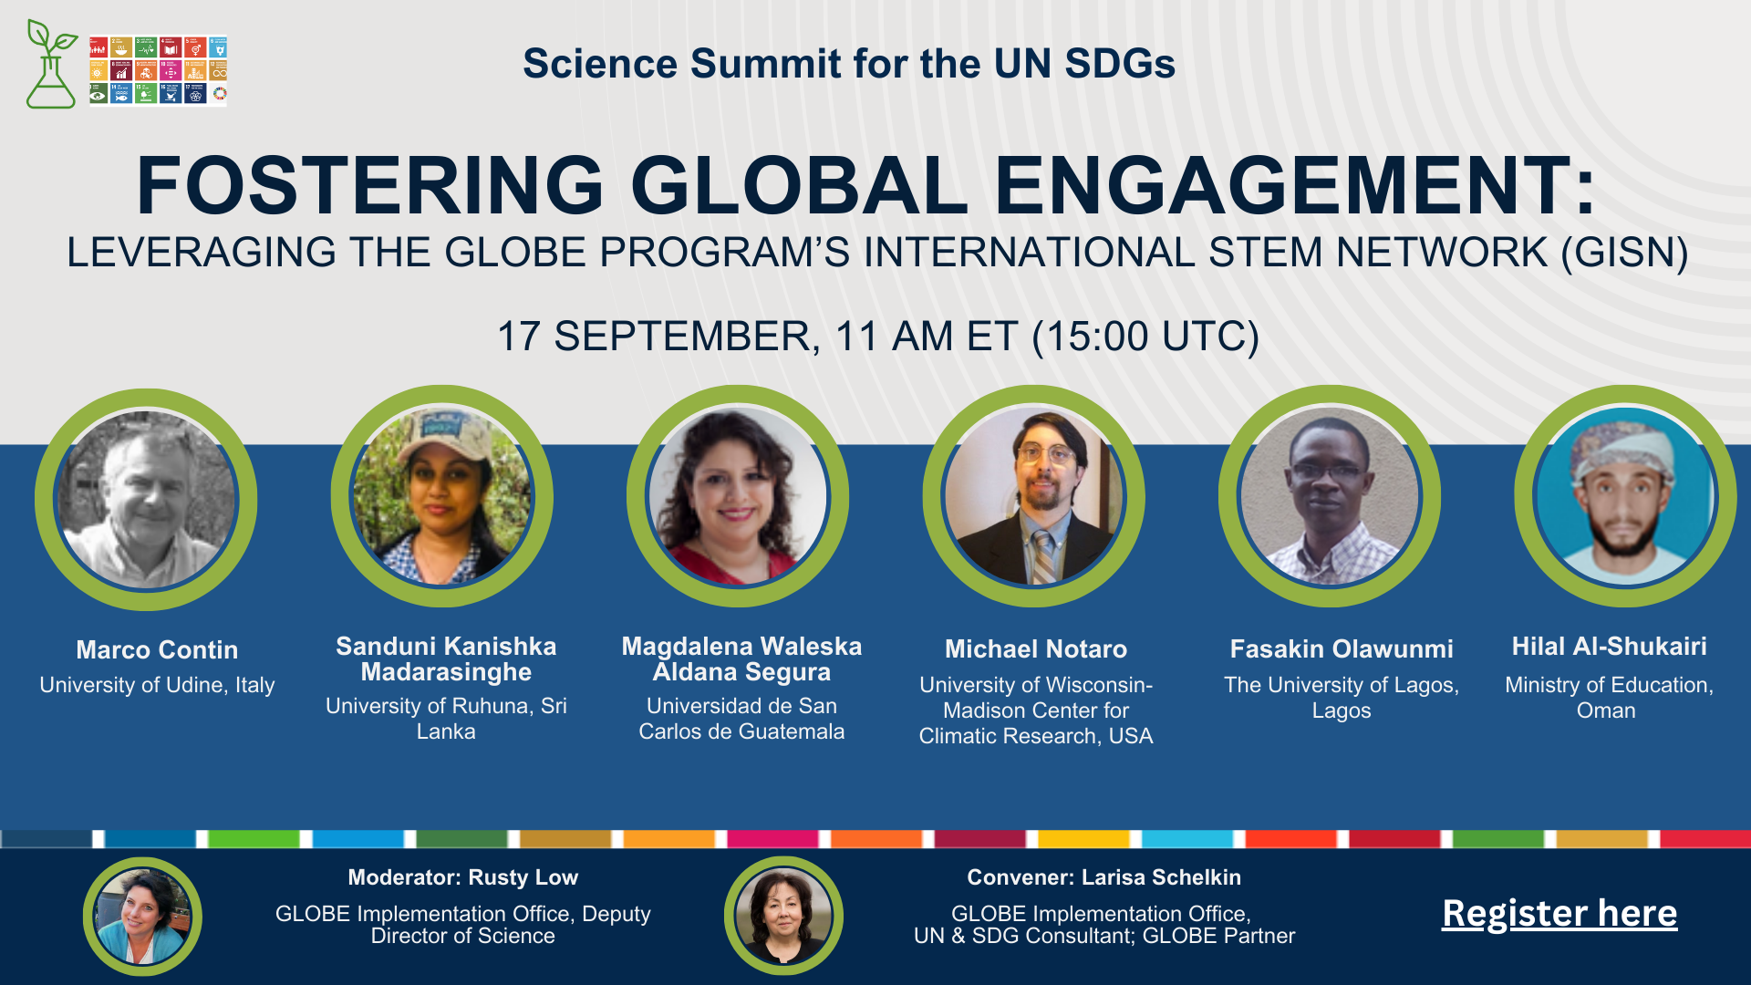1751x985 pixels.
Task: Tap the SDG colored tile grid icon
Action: (158, 70)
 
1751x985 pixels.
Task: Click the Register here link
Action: (1559, 913)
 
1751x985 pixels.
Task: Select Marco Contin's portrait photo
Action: (146, 499)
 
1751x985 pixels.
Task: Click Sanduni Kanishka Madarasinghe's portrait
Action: (441, 496)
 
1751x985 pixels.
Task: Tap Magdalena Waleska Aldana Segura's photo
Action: (738, 496)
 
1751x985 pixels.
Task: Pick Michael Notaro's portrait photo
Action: (1034, 496)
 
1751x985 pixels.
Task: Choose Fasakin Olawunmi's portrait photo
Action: (1330, 496)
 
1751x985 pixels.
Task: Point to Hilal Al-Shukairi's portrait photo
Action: (1626, 496)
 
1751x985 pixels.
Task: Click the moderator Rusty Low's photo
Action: (142, 917)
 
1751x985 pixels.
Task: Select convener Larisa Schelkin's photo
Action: (783, 917)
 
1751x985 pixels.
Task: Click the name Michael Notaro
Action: (1036, 649)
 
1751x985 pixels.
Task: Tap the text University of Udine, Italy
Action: (157, 685)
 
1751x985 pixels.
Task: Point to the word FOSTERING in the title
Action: (370, 185)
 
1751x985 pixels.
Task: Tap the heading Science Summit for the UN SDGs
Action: (849, 64)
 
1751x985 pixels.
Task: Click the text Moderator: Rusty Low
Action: (463, 877)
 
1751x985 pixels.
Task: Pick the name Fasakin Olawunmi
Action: (1342, 649)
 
